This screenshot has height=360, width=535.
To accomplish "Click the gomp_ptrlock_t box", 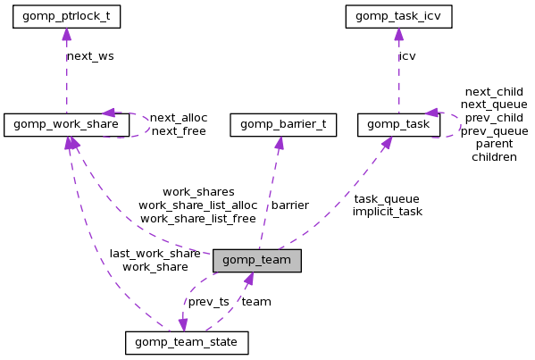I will click(66, 16).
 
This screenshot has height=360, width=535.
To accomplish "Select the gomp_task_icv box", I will click(398, 16).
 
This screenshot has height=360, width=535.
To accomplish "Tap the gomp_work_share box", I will click(66, 125).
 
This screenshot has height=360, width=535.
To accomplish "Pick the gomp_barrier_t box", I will click(283, 125).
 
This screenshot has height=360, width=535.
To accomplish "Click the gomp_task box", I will click(398, 125).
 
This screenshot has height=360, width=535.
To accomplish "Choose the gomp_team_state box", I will click(187, 342).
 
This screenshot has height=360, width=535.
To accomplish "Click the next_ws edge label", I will click(90, 55).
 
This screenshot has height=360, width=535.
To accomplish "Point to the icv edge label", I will click(407, 55).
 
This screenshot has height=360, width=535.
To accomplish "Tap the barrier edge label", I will click(289, 205).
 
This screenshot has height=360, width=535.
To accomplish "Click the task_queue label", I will click(386, 198).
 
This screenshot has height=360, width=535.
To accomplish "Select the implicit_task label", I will click(387, 212).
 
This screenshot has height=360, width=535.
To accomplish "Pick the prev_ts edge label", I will click(208, 301).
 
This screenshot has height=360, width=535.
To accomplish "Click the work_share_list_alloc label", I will click(197, 205).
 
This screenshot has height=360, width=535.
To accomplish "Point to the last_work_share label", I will click(155, 254).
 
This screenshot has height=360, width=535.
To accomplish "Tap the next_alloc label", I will click(179, 117).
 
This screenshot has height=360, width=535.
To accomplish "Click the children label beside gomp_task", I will click(494, 156).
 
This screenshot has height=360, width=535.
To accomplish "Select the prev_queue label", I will click(494, 130).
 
